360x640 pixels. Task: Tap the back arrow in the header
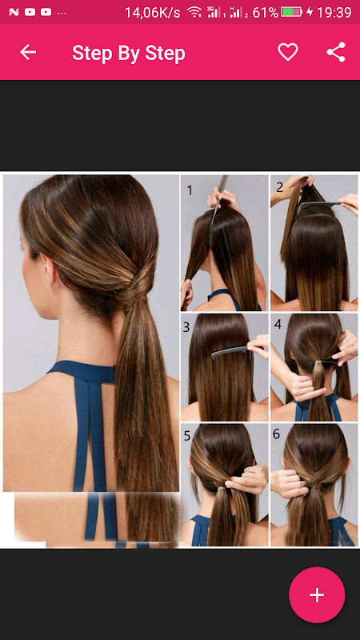click(x=28, y=52)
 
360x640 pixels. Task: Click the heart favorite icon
click(x=288, y=52)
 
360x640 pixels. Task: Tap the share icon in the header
click(x=336, y=52)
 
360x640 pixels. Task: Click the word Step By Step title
click(x=129, y=53)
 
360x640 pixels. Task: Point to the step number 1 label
click(x=190, y=190)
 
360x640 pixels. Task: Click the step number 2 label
click(x=279, y=187)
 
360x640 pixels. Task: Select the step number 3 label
click(x=186, y=327)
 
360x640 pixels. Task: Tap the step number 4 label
click(x=278, y=325)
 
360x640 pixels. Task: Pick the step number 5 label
click(x=187, y=436)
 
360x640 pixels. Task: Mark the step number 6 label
click(x=276, y=434)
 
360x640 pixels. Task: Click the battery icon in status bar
click(x=291, y=12)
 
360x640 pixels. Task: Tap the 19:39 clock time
click(x=334, y=12)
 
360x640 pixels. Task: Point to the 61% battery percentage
click(x=266, y=12)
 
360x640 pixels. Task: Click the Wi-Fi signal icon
click(x=194, y=12)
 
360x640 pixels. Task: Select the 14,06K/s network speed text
click(x=152, y=13)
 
